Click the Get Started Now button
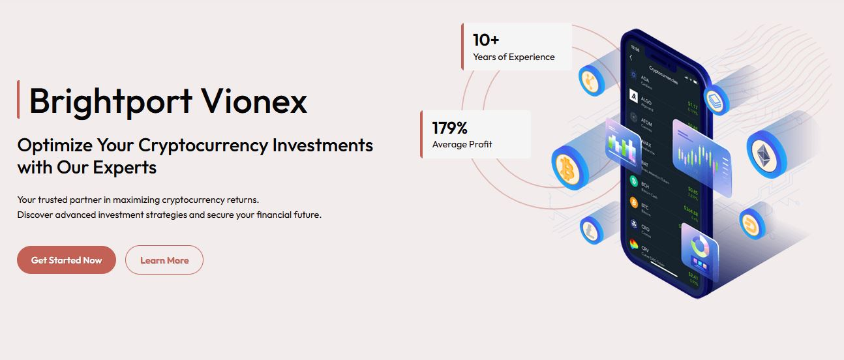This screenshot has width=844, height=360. point(67,260)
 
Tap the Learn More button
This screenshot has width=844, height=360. point(164,260)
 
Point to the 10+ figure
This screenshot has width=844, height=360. point(486,40)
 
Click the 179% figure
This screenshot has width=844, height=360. point(450,127)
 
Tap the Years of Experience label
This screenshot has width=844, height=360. point(514,57)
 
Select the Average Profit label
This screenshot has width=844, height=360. point(462,144)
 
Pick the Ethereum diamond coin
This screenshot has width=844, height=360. point(762,155)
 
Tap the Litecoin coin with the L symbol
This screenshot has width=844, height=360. point(590,229)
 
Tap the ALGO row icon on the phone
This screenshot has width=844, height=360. point(633,98)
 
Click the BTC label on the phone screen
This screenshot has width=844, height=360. point(645,206)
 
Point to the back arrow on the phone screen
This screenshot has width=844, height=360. point(631,58)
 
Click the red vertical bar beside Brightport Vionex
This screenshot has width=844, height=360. point(18,100)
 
